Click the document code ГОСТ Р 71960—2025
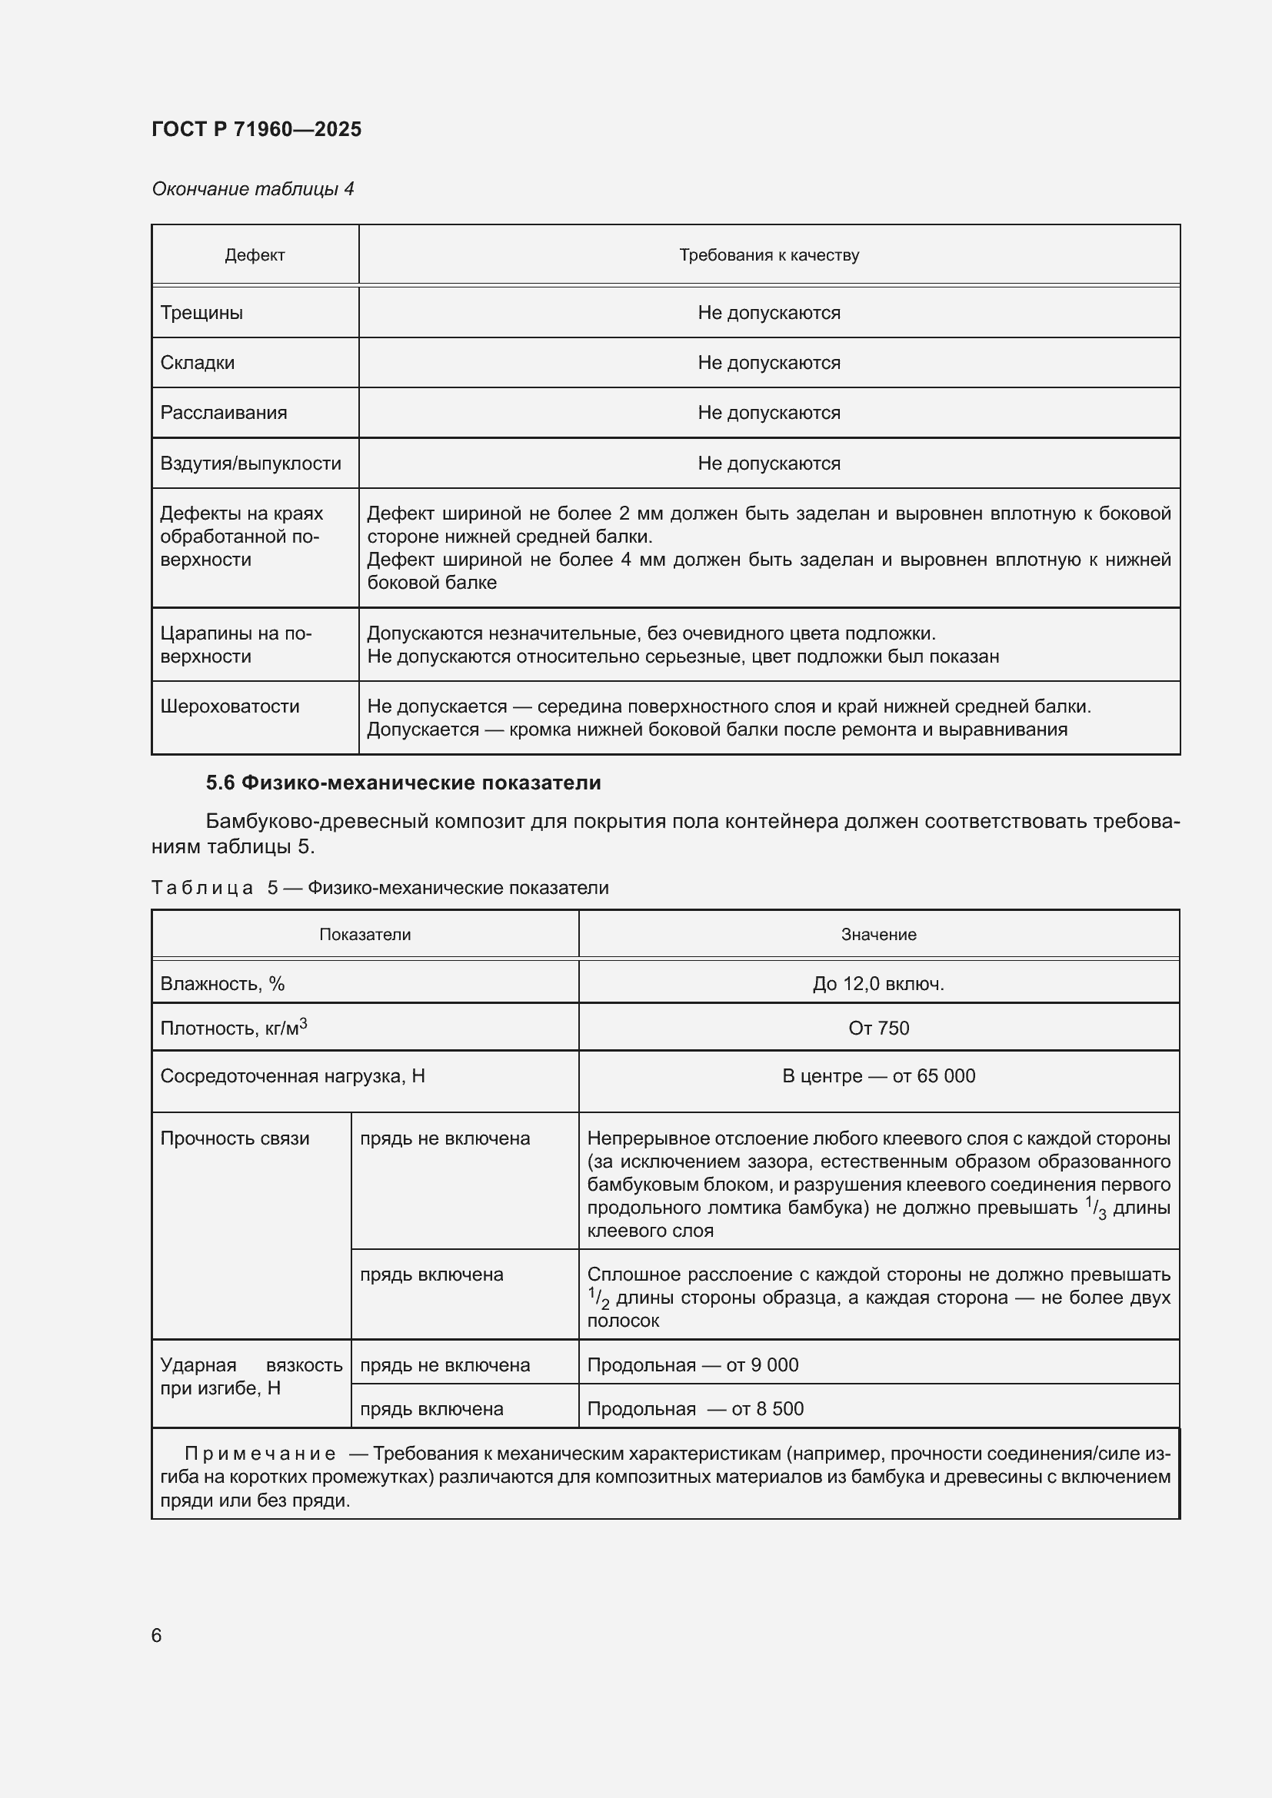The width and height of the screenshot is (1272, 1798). (x=256, y=129)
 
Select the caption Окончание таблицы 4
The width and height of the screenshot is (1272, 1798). (x=252, y=189)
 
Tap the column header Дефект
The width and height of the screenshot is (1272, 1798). (x=255, y=255)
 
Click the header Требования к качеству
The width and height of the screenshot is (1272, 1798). (x=768, y=255)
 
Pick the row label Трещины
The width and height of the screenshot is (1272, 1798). (x=201, y=312)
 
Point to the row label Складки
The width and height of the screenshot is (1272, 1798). (x=198, y=363)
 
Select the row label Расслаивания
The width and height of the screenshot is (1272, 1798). (x=223, y=413)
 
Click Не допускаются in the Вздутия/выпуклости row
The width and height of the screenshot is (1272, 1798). (x=768, y=464)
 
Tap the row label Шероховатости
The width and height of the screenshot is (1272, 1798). (x=229, y=706)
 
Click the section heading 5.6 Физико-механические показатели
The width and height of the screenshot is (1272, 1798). (x=404, y=783)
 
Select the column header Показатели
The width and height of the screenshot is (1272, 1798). (x=365, y=934)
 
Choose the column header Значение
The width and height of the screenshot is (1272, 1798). (x=878, y=934)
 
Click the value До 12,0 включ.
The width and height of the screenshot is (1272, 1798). (x=878, y=984)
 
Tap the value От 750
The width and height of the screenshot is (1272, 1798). (x=878, y=1029)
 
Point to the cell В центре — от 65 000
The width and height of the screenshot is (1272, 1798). (x=878, y=1076)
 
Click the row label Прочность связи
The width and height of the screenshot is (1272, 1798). (x=235, y=1138)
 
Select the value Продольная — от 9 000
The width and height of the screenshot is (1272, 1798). (x=692, y=1365)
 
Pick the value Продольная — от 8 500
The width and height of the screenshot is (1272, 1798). (x=694, y=1409)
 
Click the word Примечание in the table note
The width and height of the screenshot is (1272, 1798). (x=260, y=1454)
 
